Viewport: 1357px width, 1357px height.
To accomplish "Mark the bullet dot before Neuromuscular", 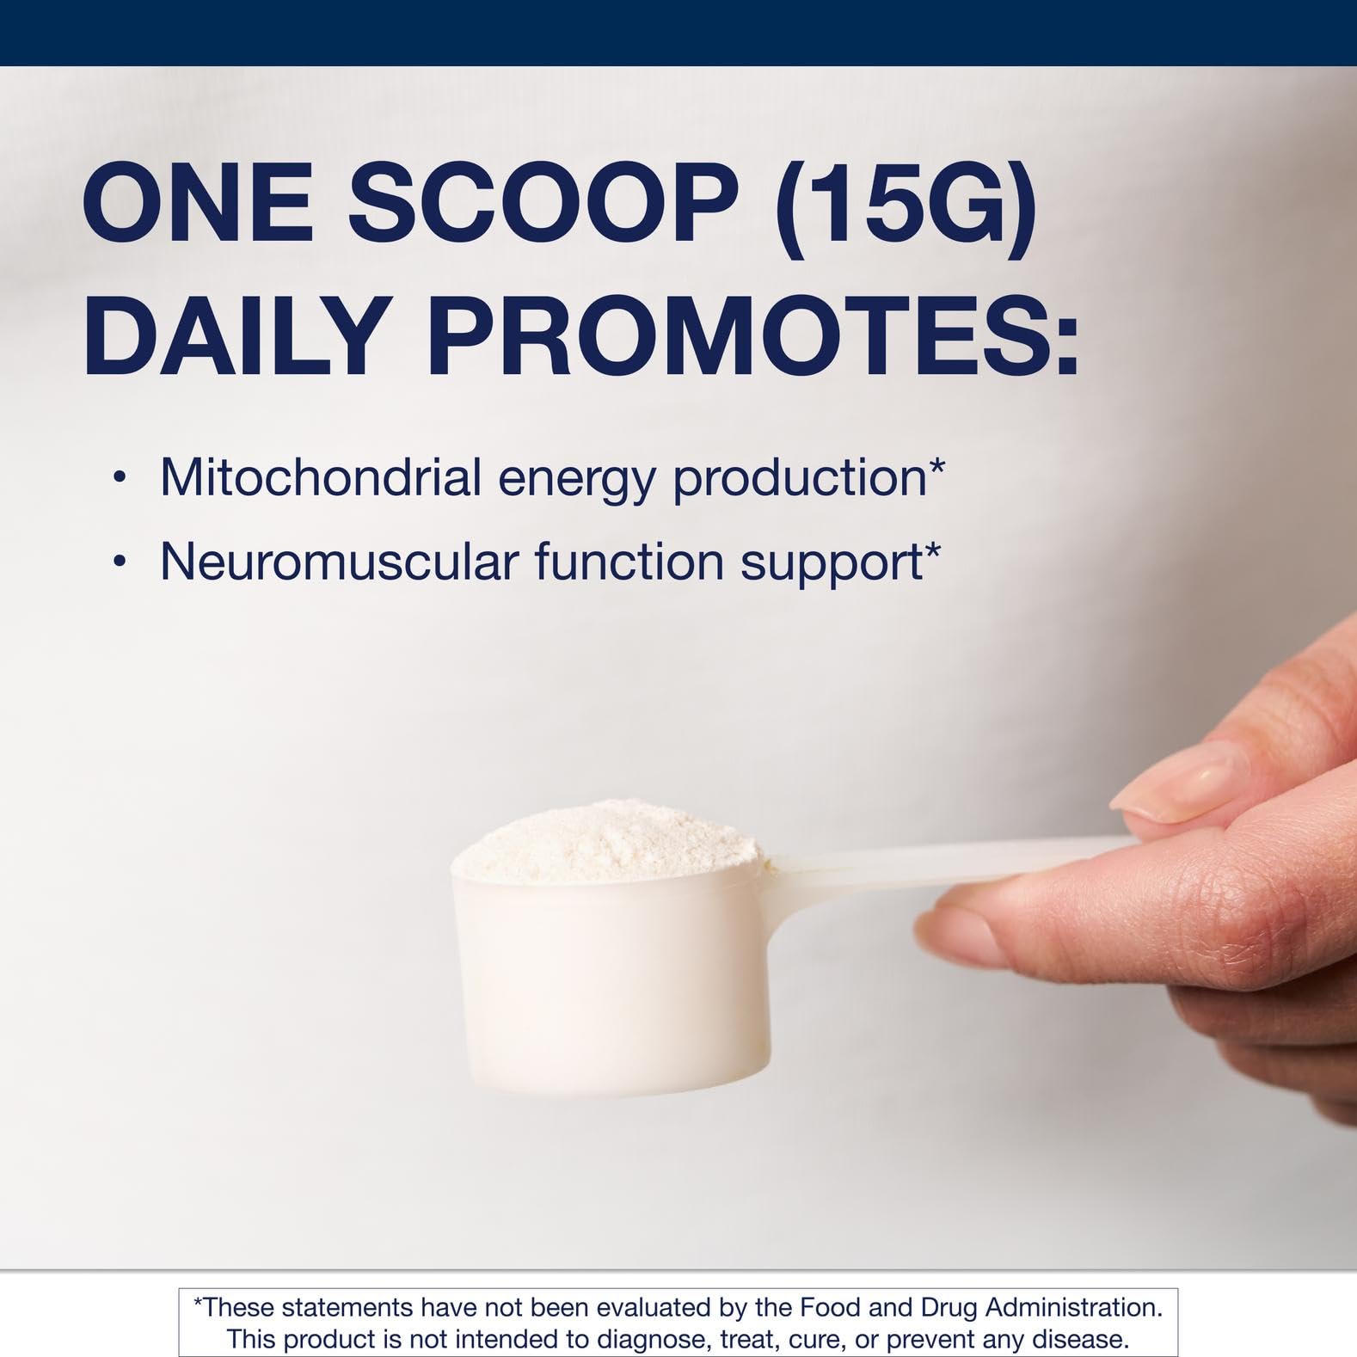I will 120,562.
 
